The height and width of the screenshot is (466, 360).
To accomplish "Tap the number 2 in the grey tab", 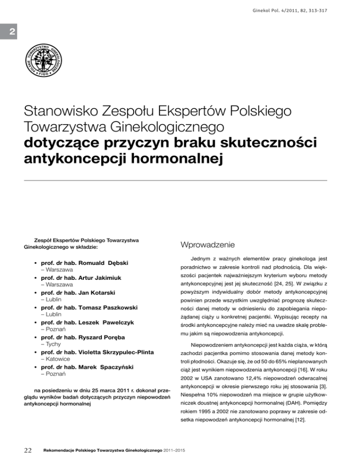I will click(8, 32).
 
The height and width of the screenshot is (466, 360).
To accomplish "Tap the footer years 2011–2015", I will click(174, 451).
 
